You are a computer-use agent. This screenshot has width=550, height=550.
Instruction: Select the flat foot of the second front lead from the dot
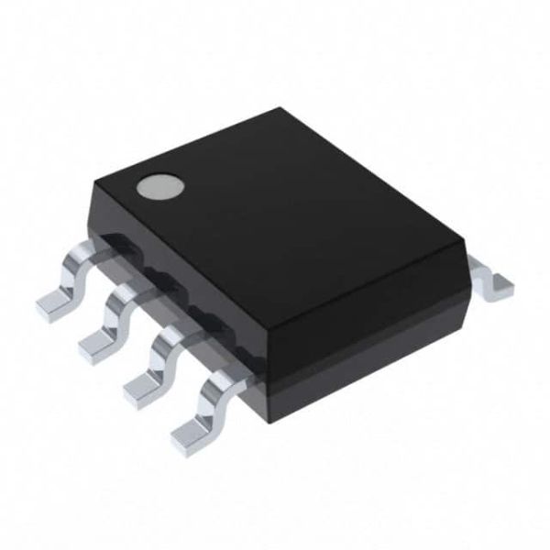(98, 347)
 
